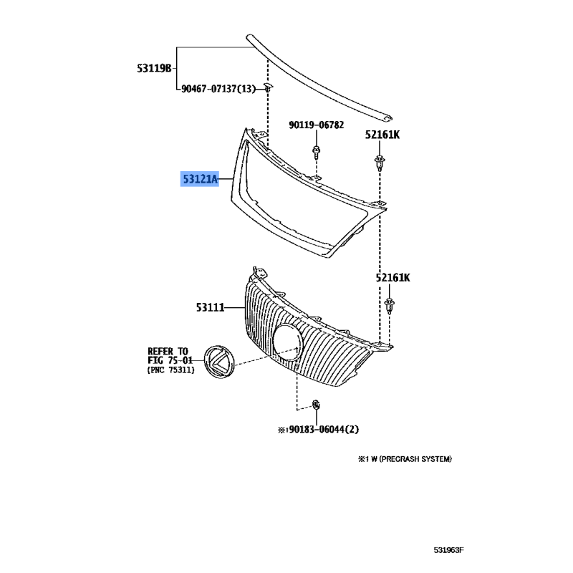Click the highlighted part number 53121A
click(x=200, y=179)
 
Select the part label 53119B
click(x=154, y=68)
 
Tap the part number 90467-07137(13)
click(x=218, y=89)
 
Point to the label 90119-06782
click(x=316, y=125)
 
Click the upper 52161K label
click(x=382, y=135)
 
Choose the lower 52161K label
click(x=393, y=278)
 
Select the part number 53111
click(x=210, y=308)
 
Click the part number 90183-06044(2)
click(x=318, y=429)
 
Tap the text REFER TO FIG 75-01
click(x=170, y=355)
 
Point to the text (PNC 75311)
click(x=170, y=370)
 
